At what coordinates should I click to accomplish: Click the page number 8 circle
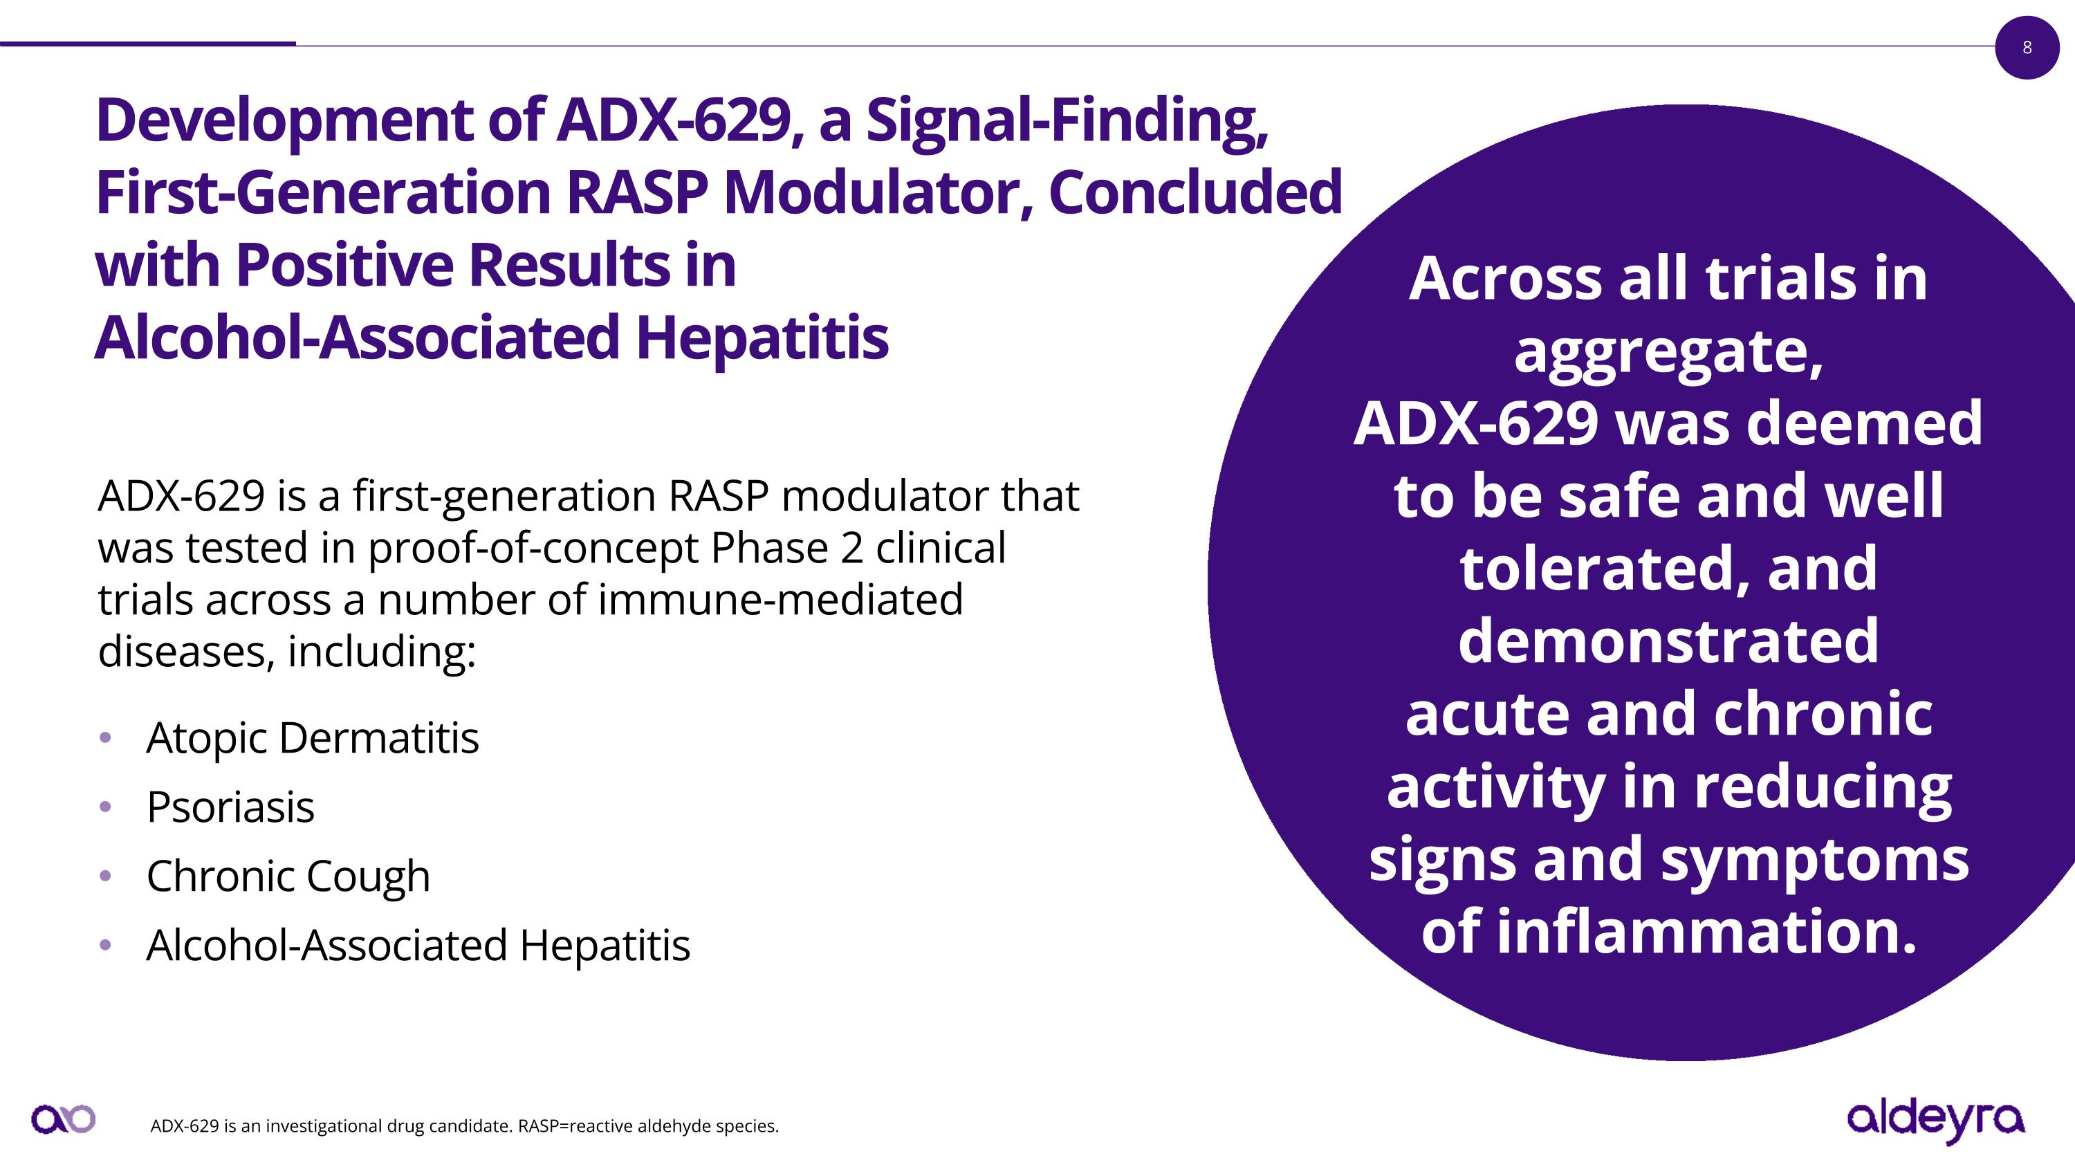coord(2027,48)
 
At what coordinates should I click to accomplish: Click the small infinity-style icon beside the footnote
coord(63,1119)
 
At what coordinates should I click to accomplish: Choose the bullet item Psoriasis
coord(230,807)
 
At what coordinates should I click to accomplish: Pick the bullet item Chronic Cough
coord(288,876)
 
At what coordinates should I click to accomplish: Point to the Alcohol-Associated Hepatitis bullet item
coord(417,946)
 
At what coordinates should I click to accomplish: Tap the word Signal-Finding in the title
coord(1067,121)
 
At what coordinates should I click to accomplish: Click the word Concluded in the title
coord(1195,193)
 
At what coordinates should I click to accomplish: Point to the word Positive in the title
coord(344,266)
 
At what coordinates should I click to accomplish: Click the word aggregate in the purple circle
coord(1668,352)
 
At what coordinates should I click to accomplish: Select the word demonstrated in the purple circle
coord(1668,641)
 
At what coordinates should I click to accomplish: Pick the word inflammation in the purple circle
coord(1706,932)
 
